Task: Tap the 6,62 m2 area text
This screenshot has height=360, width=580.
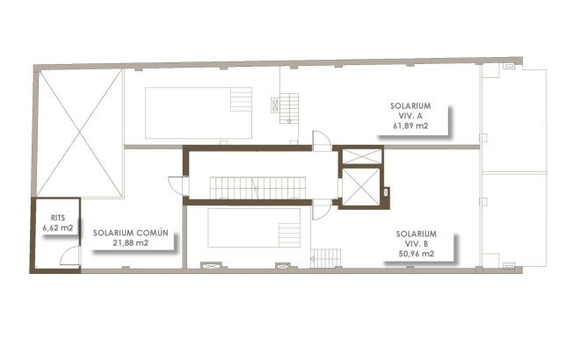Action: [57, 227]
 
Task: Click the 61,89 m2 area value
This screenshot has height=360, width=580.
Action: [410, 125]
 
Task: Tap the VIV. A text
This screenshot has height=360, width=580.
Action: [410, 115]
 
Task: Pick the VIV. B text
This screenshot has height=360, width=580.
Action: [417, 243]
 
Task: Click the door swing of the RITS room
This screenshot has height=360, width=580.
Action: [73, 256]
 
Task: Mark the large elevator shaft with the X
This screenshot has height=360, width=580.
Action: [360, 185]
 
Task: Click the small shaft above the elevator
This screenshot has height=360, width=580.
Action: [360, 156]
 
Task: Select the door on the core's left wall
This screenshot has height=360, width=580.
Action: [178, 186]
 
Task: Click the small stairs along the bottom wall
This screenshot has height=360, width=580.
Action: [325, 258]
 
